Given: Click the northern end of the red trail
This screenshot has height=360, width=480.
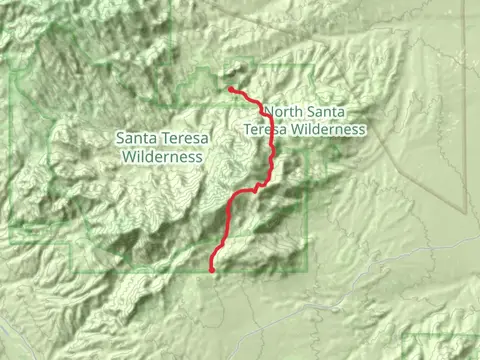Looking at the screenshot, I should pos(231,90).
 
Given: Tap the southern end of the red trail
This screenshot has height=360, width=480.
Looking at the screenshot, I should pos(212,268).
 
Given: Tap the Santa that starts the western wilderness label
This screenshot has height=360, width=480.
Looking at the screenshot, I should pos(137,139).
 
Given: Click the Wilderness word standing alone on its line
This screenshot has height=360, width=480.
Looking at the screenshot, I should pos(161,156).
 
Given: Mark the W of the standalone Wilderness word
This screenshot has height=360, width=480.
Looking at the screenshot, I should pos(127,156).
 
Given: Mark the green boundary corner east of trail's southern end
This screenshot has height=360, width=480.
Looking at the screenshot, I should pos(304,268).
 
